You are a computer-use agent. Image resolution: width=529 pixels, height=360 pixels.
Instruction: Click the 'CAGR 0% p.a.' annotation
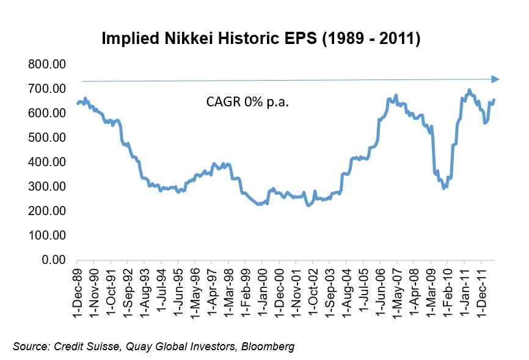point(247,102)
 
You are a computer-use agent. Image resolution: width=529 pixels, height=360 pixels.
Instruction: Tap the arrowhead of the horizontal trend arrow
point(495,79)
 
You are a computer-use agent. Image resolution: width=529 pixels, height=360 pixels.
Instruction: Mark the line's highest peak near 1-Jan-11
point(469,90)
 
